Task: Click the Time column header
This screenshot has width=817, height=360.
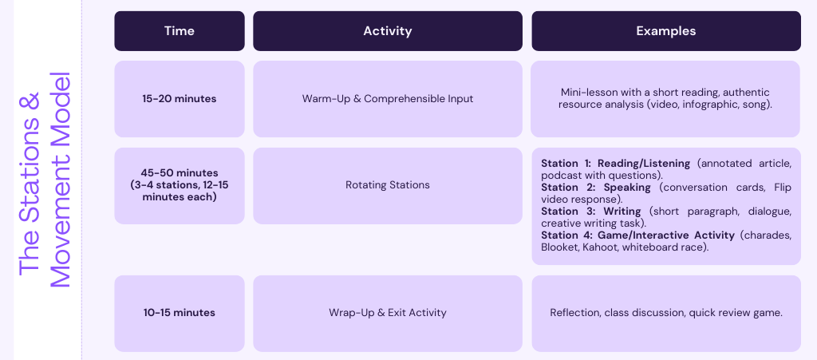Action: coord(180,31)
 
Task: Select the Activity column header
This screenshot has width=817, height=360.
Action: coord(388,31)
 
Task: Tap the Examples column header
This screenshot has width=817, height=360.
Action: coord(666,31)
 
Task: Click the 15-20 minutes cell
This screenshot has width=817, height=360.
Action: coord(180,99)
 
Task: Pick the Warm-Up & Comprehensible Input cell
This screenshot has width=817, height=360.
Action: coord(388,99)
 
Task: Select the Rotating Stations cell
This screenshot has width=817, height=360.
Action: coord(388,185)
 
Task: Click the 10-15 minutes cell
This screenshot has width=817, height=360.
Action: coord(180,313)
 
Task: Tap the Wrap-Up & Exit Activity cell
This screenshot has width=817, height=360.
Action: coord(388,313)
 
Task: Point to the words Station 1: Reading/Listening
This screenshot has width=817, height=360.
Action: coord(615,164)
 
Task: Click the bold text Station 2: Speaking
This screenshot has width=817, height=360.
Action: coord(595,188)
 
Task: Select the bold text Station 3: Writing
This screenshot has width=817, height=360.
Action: coord(591,212)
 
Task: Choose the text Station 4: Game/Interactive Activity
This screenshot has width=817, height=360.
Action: coord(637,235)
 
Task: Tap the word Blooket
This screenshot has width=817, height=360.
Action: coord(558,247)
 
